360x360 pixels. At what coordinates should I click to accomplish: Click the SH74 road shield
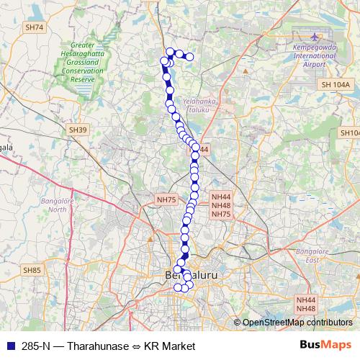[x=34, y=27]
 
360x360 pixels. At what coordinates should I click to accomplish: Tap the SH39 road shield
[x=78, y=130]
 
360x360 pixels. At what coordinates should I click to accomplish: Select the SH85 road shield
[x=32, y=270]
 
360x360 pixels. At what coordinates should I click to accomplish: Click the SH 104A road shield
[x=336, y=85]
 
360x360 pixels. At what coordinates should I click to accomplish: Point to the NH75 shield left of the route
[x=166, y=199]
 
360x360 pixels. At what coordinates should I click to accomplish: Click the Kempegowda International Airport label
[x=314, y=56]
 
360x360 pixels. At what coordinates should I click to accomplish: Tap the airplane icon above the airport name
[x=314, y=36]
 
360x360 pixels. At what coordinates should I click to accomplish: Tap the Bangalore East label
[x=312, y=256]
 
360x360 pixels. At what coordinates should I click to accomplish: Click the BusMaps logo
[x=325, y=346]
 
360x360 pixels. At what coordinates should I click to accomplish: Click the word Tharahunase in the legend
[x=99, y=346]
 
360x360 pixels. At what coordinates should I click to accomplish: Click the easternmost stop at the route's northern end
[x=190, y=56]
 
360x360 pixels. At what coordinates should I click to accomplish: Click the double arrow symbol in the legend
[x=136, y=346]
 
